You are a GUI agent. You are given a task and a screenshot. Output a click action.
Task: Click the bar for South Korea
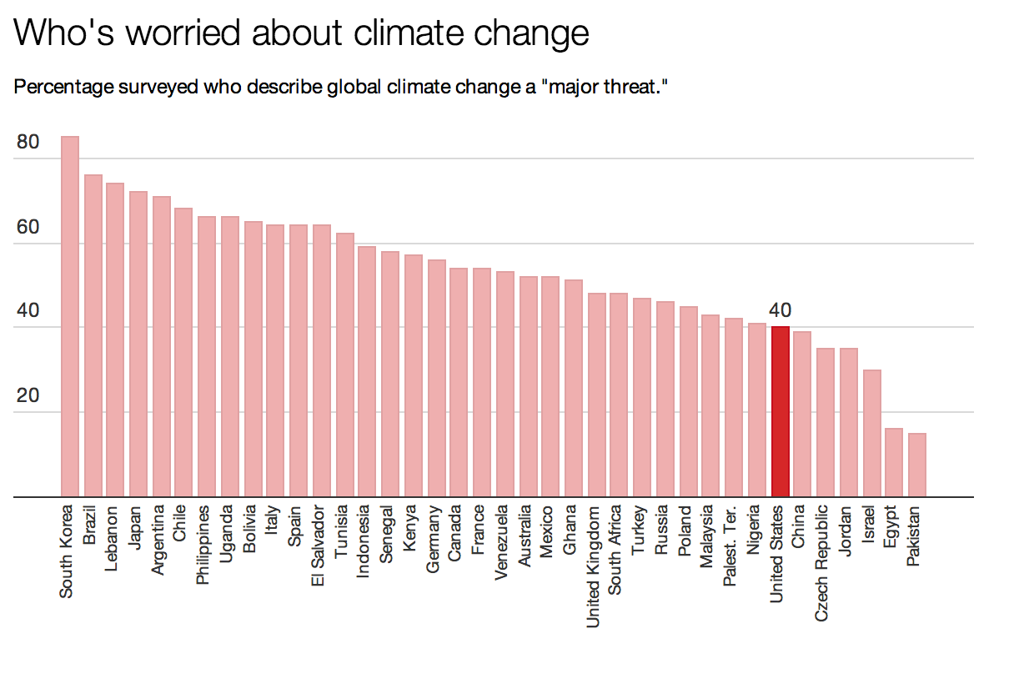click(70, 317)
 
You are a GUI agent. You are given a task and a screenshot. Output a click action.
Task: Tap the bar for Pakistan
click(916, 465)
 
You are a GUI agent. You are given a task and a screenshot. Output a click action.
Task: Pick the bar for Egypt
click(893, 463)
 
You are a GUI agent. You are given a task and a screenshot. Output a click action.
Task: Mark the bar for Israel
click(871, 433)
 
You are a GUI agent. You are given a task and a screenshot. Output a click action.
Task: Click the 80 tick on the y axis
click(28, 143)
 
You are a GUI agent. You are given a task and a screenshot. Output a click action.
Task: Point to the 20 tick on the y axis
click(28, 395)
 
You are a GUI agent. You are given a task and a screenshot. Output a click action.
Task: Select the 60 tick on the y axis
click(28, 228)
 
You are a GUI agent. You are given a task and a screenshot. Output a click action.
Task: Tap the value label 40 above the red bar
click(780, 310)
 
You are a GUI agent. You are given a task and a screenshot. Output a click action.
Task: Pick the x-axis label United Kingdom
click(594, 566)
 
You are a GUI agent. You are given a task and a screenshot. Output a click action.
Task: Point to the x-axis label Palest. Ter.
click(730, 545)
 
